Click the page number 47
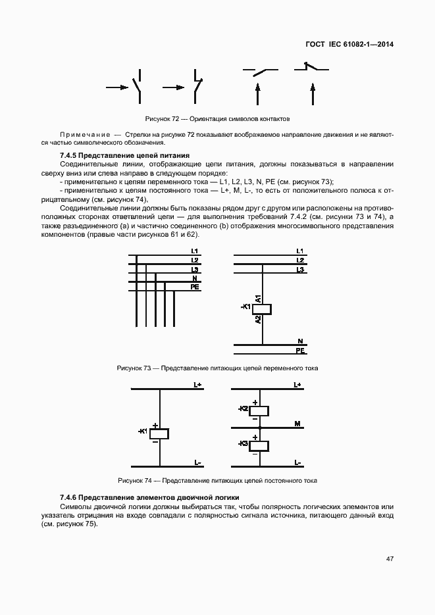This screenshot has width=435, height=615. [x=390, y=559]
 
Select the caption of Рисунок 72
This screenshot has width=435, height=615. [x=217, y=119]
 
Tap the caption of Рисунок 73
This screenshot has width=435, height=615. [x=217, y=368]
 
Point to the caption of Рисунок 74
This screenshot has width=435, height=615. [x=217, y=481]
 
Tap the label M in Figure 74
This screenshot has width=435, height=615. [x=297, y=425]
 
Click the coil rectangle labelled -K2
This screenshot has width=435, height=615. [x=261, y=410]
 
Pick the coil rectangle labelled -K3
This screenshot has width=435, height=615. [x=261, y=445]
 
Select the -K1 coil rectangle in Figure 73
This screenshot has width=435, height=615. [x=262, y=309]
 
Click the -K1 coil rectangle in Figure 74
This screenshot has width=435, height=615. [x=159, y=433]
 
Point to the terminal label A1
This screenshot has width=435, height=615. [x=258, y=298]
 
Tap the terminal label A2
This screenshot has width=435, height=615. [x=258, y=320]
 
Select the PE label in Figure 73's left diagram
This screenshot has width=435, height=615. [x=195, y=287]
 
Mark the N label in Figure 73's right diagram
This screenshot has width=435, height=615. [x=300, y=341]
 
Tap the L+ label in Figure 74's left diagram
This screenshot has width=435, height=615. [x=197, y=384]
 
